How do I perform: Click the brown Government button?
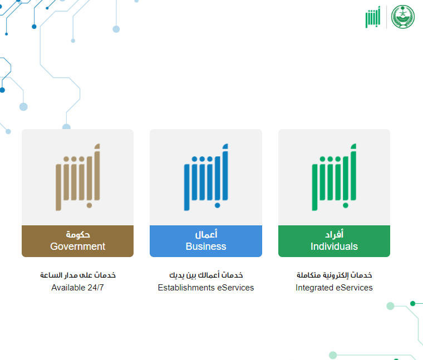[x=78, y=241]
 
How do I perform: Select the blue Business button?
[x=206, y=241]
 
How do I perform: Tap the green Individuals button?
[x=334, y=241]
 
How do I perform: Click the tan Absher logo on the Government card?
[x=78, y=177]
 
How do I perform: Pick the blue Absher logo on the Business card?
[x=206, y=177]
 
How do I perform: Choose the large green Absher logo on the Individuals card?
[x=334, y=177]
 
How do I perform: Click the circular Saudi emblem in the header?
[x=403, y=17]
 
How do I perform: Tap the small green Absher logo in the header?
[x=373, y=17]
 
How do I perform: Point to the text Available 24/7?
[x=78, y=288]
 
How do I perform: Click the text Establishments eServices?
[x=206, y=288]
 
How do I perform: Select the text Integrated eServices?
[x=334, y=288]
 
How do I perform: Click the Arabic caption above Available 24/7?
[x=78, y=275]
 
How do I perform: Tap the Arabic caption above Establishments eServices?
[x=206, y=275]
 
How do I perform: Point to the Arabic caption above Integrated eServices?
[x=334, y=275]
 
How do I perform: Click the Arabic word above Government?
[x=78, y=235]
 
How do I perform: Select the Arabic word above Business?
[x=206, y=234]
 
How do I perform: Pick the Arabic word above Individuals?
[x=334, y=234]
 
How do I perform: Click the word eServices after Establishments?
[x=235, y=288]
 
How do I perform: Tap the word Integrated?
[x=314, y=288]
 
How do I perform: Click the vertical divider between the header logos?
[x=386, y=17]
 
